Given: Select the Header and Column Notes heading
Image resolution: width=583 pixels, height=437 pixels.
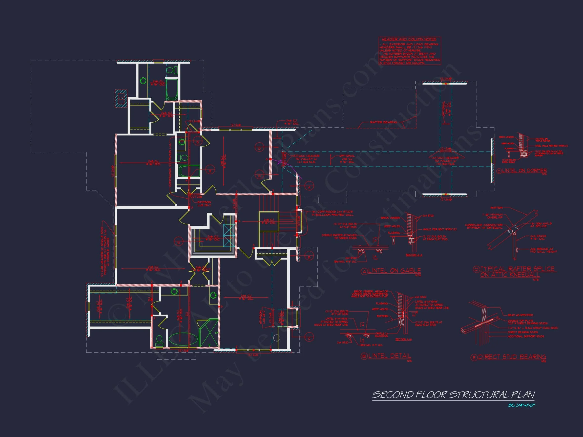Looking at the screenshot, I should pyautogui.click(x=409, y=39).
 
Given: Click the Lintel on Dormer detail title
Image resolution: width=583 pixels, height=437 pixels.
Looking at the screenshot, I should pyautogui.click(x=524, y=170).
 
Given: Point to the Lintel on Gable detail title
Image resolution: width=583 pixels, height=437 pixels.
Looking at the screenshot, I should pyautogui.click(x=394, y=271).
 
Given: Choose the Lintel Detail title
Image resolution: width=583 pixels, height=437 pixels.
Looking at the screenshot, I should pyautogui.click(x=389, y=356).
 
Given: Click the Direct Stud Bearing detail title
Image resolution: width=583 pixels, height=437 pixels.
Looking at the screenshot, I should pyautogui.click(x=512, y=357).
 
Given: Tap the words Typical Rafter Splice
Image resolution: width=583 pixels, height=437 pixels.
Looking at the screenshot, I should pyautogui.click(x=518, y=269).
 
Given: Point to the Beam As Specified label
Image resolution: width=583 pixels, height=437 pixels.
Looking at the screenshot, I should pyautogui.click(x=520, y=315).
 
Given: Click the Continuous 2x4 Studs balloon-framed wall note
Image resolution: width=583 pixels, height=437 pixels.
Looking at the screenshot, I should pyautogui.click(x=332, y=213).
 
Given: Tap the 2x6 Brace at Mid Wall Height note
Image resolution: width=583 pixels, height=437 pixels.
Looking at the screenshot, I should pyautogui.click(x=544, y=250).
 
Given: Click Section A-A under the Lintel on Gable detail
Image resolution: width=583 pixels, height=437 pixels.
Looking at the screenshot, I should pyautogui.click(x=414, y=255).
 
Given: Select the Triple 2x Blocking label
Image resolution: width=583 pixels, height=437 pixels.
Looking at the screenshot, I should pyautogui.click(x=381, y=335).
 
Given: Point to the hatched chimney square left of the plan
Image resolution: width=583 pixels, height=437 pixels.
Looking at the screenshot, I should pyautogui.click(x=121, y=99).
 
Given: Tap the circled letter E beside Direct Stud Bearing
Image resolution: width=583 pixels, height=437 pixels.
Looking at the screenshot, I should pyautogui.click(x=474, y=357).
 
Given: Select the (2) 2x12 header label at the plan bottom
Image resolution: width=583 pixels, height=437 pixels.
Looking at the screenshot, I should pyautogui.click(x=253, y=355).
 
